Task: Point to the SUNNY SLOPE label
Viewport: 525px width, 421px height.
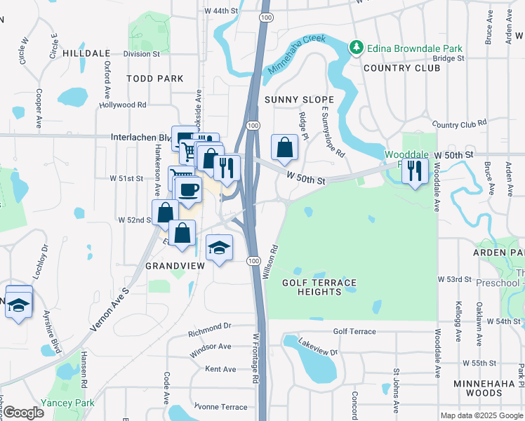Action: [293, 100]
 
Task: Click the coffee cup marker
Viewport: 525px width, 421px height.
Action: [188, 190]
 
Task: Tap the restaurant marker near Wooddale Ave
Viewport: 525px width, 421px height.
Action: [415, 171]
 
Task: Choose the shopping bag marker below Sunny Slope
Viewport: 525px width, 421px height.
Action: [284, 148]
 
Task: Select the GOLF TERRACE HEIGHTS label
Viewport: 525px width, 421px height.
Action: [319, 286]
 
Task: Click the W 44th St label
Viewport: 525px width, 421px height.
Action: [222, 11]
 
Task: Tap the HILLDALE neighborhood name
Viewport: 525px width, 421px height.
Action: [86, 53]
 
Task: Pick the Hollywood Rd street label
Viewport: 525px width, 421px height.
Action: [122, 105]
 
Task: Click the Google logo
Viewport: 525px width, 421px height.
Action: [23, 413]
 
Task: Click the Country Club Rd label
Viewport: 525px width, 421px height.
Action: [460, 123]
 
